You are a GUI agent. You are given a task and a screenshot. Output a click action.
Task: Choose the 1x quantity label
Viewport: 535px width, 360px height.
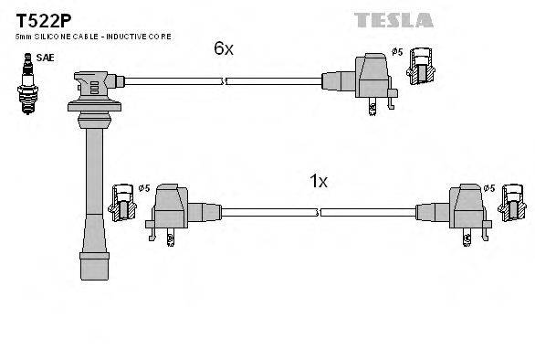pos(318,181)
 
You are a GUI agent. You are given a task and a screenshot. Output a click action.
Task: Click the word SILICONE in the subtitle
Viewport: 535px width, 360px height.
pos(51,36)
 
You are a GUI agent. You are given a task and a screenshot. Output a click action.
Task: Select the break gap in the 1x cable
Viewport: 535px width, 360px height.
pos(318,212)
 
